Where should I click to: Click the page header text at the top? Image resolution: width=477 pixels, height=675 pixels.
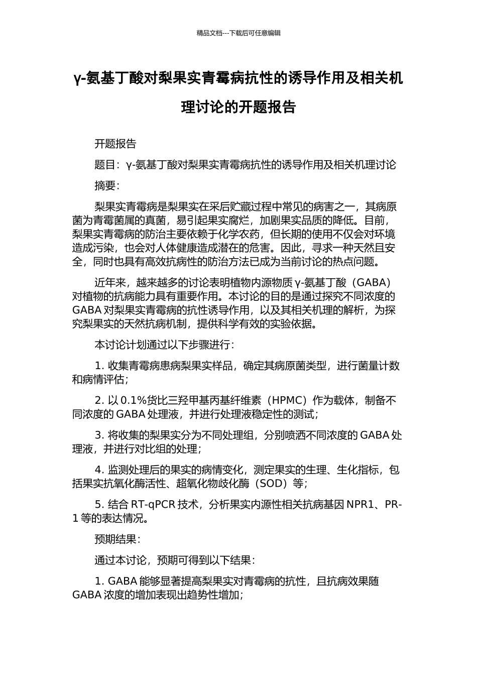pos(238,33)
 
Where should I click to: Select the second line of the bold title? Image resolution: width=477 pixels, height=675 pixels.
pos(238,107)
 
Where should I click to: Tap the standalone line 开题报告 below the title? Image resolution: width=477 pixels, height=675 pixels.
pos(115,144)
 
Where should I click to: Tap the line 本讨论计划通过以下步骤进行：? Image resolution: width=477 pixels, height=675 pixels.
pos(164,345)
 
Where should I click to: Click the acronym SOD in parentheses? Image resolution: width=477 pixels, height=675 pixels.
pos(272,484)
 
